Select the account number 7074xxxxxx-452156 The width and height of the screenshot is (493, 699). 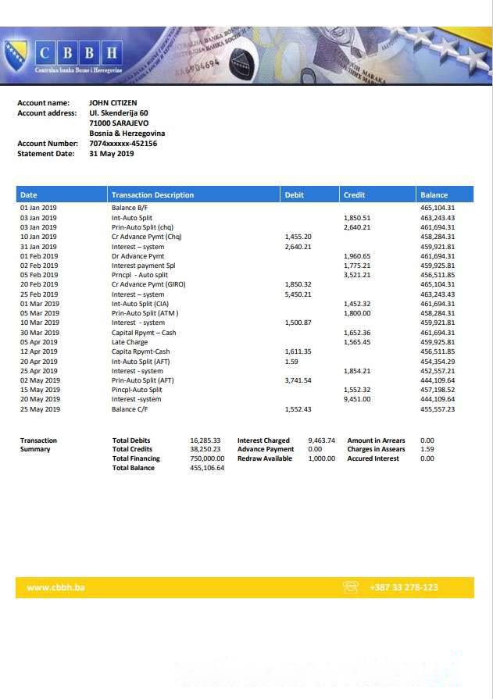coord(123,144)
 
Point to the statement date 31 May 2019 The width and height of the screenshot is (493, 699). coord(112,154)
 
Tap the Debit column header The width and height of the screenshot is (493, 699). coord(295,194)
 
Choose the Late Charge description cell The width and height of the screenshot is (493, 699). coord(130,342)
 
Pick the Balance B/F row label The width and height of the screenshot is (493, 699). coord(129,209)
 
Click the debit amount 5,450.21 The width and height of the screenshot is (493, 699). coord(298,294)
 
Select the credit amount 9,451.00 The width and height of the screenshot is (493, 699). coord(357,399)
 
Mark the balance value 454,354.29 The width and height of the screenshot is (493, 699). coord(438,362)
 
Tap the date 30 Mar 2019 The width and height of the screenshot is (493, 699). coord(39,333)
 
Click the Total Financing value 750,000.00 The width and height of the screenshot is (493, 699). coord(207,458)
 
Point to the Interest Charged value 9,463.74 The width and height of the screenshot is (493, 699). coord(321,440)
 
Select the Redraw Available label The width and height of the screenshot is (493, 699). coord(265,458)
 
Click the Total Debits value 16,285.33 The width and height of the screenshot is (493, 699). coord(205,440)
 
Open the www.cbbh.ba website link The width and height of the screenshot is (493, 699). coord(55,587)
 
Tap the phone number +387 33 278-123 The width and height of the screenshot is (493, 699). coord(403,587)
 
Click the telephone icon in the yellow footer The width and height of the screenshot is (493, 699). coord(351,587)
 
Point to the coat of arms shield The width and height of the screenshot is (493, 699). coord(16,57)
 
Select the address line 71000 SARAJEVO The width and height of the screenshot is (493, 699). coord(119,123)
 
